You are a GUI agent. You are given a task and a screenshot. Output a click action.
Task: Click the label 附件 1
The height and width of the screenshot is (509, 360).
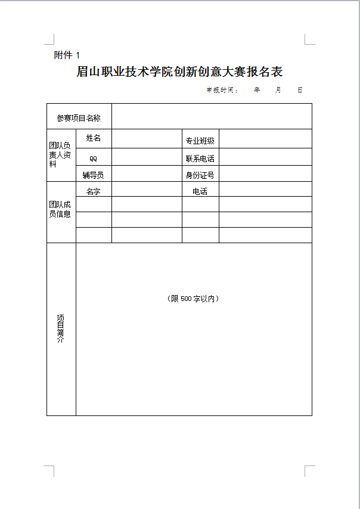66,55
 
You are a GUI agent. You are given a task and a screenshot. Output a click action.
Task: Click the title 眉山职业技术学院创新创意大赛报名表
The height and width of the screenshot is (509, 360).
179,72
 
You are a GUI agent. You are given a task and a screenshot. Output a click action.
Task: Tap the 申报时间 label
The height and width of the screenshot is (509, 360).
222,90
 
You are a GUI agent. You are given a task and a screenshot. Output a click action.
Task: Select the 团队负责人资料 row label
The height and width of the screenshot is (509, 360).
60,154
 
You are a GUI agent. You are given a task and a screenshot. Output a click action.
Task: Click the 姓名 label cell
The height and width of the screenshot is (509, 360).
94,138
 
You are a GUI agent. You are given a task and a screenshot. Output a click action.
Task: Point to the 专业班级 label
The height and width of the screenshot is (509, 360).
200,141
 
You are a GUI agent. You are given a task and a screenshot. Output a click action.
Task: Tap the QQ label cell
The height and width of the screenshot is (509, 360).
94,159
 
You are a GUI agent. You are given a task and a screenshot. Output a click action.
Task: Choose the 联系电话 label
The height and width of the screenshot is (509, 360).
200,159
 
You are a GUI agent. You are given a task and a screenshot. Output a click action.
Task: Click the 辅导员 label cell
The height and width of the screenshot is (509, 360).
94,175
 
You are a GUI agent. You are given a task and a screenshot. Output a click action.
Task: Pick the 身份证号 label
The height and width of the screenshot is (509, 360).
200,175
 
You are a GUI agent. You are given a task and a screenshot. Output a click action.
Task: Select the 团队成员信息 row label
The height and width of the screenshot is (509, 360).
60,209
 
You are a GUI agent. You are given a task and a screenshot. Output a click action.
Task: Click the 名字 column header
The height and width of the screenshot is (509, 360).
94,191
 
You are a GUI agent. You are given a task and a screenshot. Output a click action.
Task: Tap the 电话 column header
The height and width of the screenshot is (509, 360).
200,191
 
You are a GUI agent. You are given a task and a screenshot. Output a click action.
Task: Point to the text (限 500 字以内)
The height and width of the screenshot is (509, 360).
193,299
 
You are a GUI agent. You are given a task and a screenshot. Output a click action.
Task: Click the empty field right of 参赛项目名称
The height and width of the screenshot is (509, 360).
212,116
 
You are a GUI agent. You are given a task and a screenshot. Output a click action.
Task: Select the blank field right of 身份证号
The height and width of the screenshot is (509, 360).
265,174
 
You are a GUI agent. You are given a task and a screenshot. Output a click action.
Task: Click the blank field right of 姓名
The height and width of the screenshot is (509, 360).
147,139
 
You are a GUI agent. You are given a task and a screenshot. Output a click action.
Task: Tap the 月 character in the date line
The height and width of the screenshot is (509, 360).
278,90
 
